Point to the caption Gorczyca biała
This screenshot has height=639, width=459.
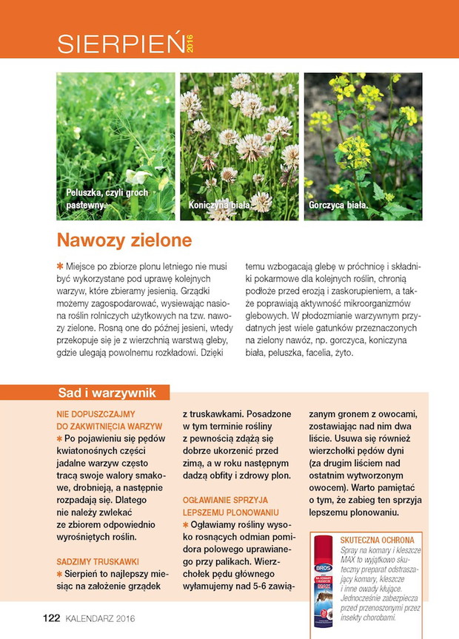(x=338, y=204)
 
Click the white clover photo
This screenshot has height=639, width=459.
(x=239, y=146)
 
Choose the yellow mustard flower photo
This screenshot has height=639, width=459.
(x=363, y=146)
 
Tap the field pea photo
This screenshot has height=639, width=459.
(x=115, y=146)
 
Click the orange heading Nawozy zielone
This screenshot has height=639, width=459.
(x=124, y=240)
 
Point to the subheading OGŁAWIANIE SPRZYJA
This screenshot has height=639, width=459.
(x=230, y=500)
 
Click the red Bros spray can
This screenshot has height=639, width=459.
(x=322, y=581)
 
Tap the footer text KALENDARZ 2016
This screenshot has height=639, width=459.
(x=100, y=618)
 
